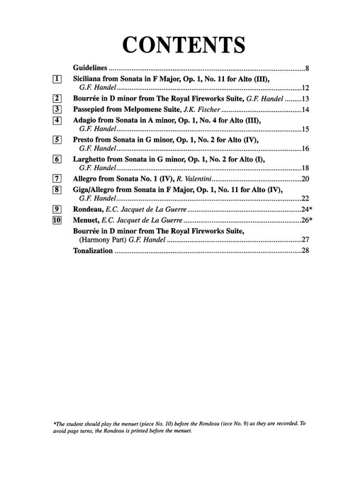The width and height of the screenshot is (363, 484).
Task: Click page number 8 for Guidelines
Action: point(306,69)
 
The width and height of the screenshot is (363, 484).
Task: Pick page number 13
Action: point(305,100)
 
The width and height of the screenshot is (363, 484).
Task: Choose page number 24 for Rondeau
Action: point(303,212)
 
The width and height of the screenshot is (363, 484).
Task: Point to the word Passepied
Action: point(92,111)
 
